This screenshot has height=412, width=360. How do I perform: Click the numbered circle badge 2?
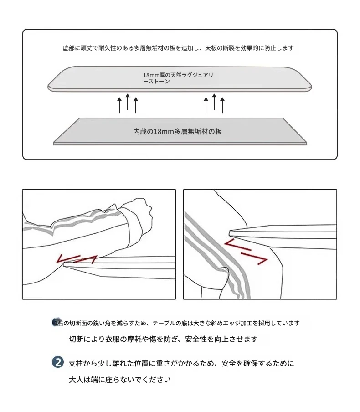click(58, 362)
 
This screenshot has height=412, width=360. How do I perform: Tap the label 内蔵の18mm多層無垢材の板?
click(177, 131)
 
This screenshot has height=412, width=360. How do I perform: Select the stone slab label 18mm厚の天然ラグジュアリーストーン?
click(178, 78)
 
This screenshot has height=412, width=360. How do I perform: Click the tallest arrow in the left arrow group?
click(128, 102)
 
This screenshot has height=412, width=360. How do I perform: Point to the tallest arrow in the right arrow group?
click(214, 102)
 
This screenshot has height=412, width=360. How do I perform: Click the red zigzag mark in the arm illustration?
click(77, 259)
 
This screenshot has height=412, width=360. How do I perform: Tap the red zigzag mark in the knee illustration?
click(246, 252)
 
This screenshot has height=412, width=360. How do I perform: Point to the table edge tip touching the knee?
click(230, 233)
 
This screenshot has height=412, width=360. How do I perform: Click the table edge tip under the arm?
click(65, 264)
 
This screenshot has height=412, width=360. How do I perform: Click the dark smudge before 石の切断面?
click(56, 322)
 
